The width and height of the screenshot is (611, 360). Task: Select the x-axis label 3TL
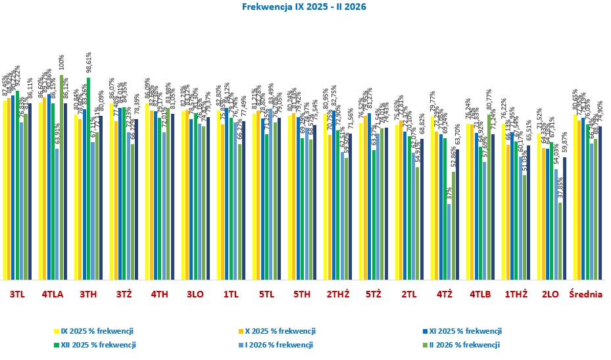click(x=17, y=295)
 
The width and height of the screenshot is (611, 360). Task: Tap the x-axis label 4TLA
click(x=53, y=295)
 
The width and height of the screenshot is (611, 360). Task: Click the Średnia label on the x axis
click(x=585, y=295)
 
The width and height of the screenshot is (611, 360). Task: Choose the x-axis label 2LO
click(x=550, y=295)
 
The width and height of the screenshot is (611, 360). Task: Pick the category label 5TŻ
click(x=372, y=295)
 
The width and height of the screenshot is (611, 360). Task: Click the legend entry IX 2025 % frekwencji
click(x=97, y=331)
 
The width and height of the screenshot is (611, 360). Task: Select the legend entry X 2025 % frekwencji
click(x=280, y=331)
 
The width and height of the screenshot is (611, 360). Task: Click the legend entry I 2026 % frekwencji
click(x=279, y=344)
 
